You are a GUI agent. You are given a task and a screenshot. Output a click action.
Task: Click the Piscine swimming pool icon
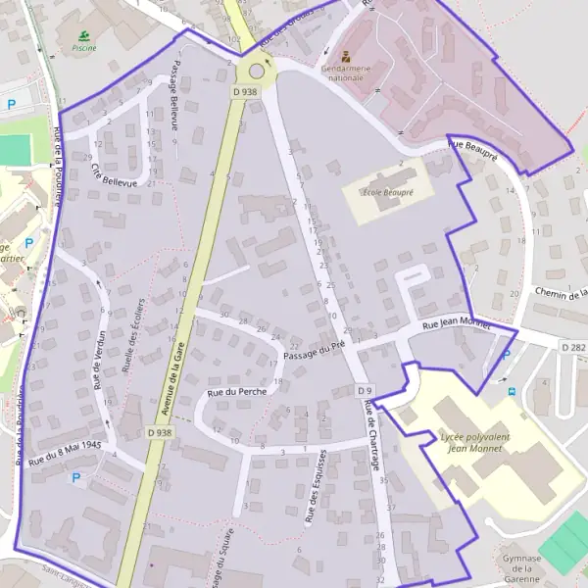(84, 36)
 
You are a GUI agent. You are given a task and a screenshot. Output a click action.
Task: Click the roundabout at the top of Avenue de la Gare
(258, 71)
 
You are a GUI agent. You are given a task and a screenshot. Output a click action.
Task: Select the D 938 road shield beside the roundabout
(245, 91)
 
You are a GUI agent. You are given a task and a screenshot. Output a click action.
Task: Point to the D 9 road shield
(364, 390)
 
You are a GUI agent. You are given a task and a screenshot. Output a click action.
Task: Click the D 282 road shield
(573, 347)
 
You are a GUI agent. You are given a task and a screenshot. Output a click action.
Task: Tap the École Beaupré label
(387, 193)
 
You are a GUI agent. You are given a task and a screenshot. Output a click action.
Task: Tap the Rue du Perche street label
(236, 391)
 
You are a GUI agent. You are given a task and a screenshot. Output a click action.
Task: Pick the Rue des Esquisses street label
(315, 486)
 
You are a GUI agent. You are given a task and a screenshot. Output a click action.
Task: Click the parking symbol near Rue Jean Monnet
(505, 357)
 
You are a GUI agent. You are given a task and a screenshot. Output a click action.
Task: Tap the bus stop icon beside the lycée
(512, 391)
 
